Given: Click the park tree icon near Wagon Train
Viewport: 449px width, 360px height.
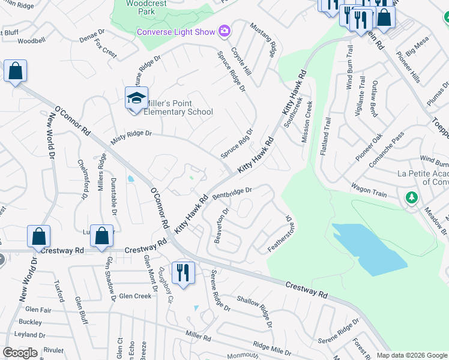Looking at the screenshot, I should coord(411,197).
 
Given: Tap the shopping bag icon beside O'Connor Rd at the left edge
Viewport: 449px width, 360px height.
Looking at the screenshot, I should coord(15,71).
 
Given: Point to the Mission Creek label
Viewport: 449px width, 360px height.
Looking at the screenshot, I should coord(307,122).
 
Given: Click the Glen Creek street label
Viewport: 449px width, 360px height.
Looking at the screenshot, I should coord(135,296).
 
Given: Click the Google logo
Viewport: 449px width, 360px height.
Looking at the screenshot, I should coord(20,353).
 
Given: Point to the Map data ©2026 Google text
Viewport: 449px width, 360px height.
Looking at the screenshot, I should coord(412,355).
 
